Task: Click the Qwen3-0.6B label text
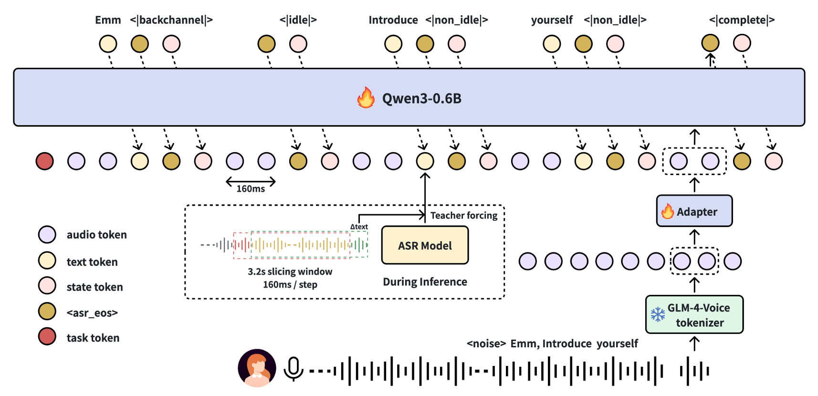pyautogui.click(x=421, y=98)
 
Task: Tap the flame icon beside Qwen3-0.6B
pyautogui.click(x=366, y=98)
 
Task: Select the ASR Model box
pyautogui.click(x=425, y=245)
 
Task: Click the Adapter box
pyautogui.click(x=694, y=211)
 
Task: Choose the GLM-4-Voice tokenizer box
pyautogui.click(x=694, y=314)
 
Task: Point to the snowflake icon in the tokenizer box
pyautogui.click(x=658, y=314)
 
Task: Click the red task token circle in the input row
pyautogui.click(x=45, y=161)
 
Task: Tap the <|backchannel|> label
pyautogui.click(x=171, y=20)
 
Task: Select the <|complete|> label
pyautogui.click(x=742, y=20)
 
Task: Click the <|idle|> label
pyautogui.click(x=298, y=20)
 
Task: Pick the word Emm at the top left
pyautogui.click(x=108, y=20)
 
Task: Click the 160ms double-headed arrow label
pyautogui.click(x=251, y=188)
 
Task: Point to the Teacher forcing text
pyautogui.click(x=464, y=216)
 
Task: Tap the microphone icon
pyautogui.click(x=294, y=369)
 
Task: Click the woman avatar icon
pyautogui.click(x=257, y=368)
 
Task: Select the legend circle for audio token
pyautogui.click(x=47, y=235)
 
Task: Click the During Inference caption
pyautogui.click(x=425, y=282)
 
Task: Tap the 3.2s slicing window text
pyautogui.click(x=290, y=271)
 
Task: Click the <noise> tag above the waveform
pyautogui.click(x=486, y=344)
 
